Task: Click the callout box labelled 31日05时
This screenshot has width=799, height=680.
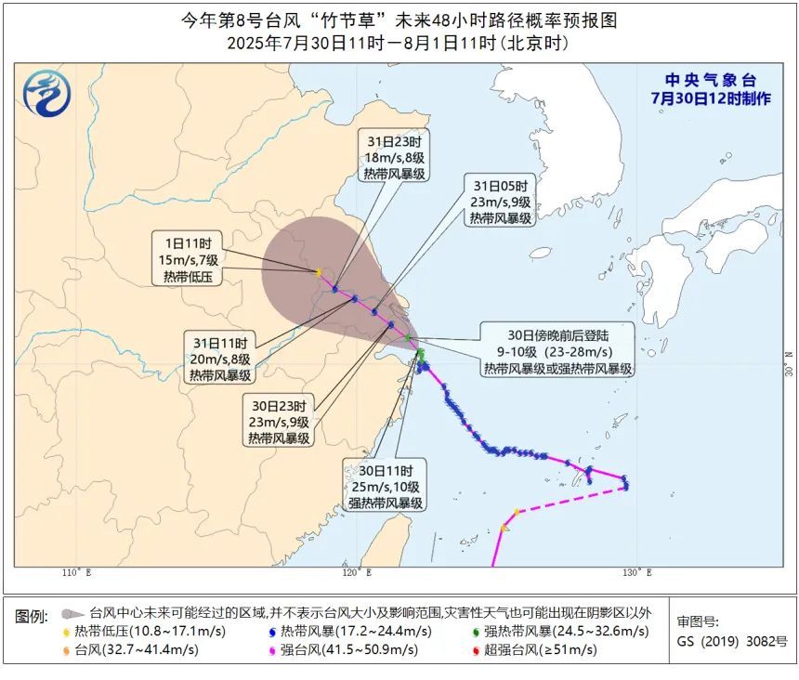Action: coord(500,202)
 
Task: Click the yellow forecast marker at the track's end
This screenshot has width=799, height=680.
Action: coord(318,272)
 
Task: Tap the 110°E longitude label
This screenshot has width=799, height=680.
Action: coord(76,573)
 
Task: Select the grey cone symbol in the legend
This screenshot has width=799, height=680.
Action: coord(72,614)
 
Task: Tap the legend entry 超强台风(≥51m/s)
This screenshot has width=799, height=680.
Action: coord(533,649)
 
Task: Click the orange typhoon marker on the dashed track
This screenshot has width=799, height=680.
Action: coord(504,528)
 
